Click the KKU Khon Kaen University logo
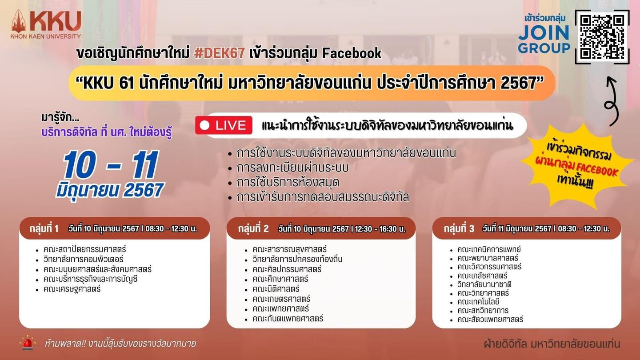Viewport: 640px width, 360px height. [x=46, y=24]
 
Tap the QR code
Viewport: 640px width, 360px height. [x=602, y=37]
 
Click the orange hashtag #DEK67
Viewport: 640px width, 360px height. [x=219, y=53]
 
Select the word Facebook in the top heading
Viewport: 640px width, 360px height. [x=352, y=53]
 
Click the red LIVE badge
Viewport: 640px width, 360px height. [x=224, y=125]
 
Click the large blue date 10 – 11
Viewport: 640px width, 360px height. [x=111, y=165]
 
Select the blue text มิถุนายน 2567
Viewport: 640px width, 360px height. [x=110, y=190]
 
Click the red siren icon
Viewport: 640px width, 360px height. [x=28, y=343]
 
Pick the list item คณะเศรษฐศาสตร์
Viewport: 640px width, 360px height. [x=72, y=289]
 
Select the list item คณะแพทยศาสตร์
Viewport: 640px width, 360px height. [x=280, y=308]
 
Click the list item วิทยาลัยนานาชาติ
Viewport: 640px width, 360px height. [x=484, y=284]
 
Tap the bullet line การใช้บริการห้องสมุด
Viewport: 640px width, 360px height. [x=288, y=182]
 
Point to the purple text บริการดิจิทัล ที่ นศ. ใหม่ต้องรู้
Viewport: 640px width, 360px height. [x=107, y=132]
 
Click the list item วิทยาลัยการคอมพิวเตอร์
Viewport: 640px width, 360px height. [x=84, y=259]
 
